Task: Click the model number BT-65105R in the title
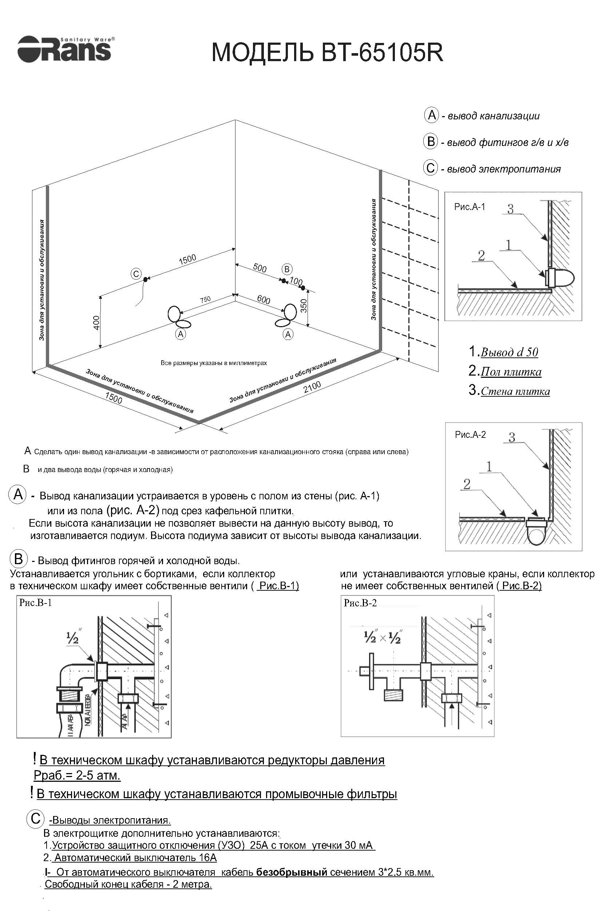pos(382,53)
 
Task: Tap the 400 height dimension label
pos(96,322)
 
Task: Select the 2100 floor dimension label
pos(312,387)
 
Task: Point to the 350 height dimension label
pos(304,306)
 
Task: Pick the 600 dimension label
pos(264,299)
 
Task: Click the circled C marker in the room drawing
pos(136,274)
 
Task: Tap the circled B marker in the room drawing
pos(287,269)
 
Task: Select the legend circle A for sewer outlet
pos(431,115)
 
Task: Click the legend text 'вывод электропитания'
pos(504,169)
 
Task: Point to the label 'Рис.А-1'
pos(470,207)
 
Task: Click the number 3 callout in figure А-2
pos(511,437)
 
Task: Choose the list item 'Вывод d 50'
pos(509,352)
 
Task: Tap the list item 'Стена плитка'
pos(515,391)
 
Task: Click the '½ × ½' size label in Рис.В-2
pos(383,638)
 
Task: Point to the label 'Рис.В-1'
pos(35,602)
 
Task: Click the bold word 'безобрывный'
pos(292,872)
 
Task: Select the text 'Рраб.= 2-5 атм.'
pos(77,776)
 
